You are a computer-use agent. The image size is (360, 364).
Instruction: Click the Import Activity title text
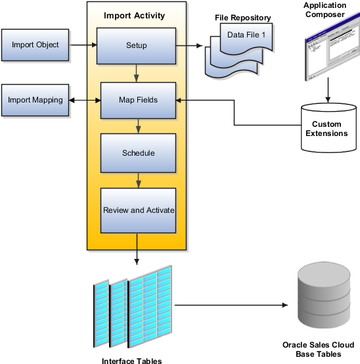135,16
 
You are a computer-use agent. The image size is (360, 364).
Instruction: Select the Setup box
136,45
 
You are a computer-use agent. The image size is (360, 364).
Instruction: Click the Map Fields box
138,100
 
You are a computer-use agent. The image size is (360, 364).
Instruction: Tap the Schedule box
138,153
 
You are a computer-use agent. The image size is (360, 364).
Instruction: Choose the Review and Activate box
138,210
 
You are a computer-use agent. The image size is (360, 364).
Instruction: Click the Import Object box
35,45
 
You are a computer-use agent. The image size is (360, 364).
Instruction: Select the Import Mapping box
35,100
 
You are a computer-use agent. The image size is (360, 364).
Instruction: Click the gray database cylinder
324,294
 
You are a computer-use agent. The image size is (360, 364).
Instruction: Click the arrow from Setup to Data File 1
191,46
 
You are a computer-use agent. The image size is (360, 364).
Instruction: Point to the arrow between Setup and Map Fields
136,73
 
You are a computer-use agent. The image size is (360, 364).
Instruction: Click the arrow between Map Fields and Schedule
138,126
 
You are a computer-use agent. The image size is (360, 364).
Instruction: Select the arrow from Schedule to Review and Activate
138,180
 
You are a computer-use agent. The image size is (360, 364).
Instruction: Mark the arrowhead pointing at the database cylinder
285,306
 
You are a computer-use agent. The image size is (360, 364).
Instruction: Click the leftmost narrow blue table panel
101,312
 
